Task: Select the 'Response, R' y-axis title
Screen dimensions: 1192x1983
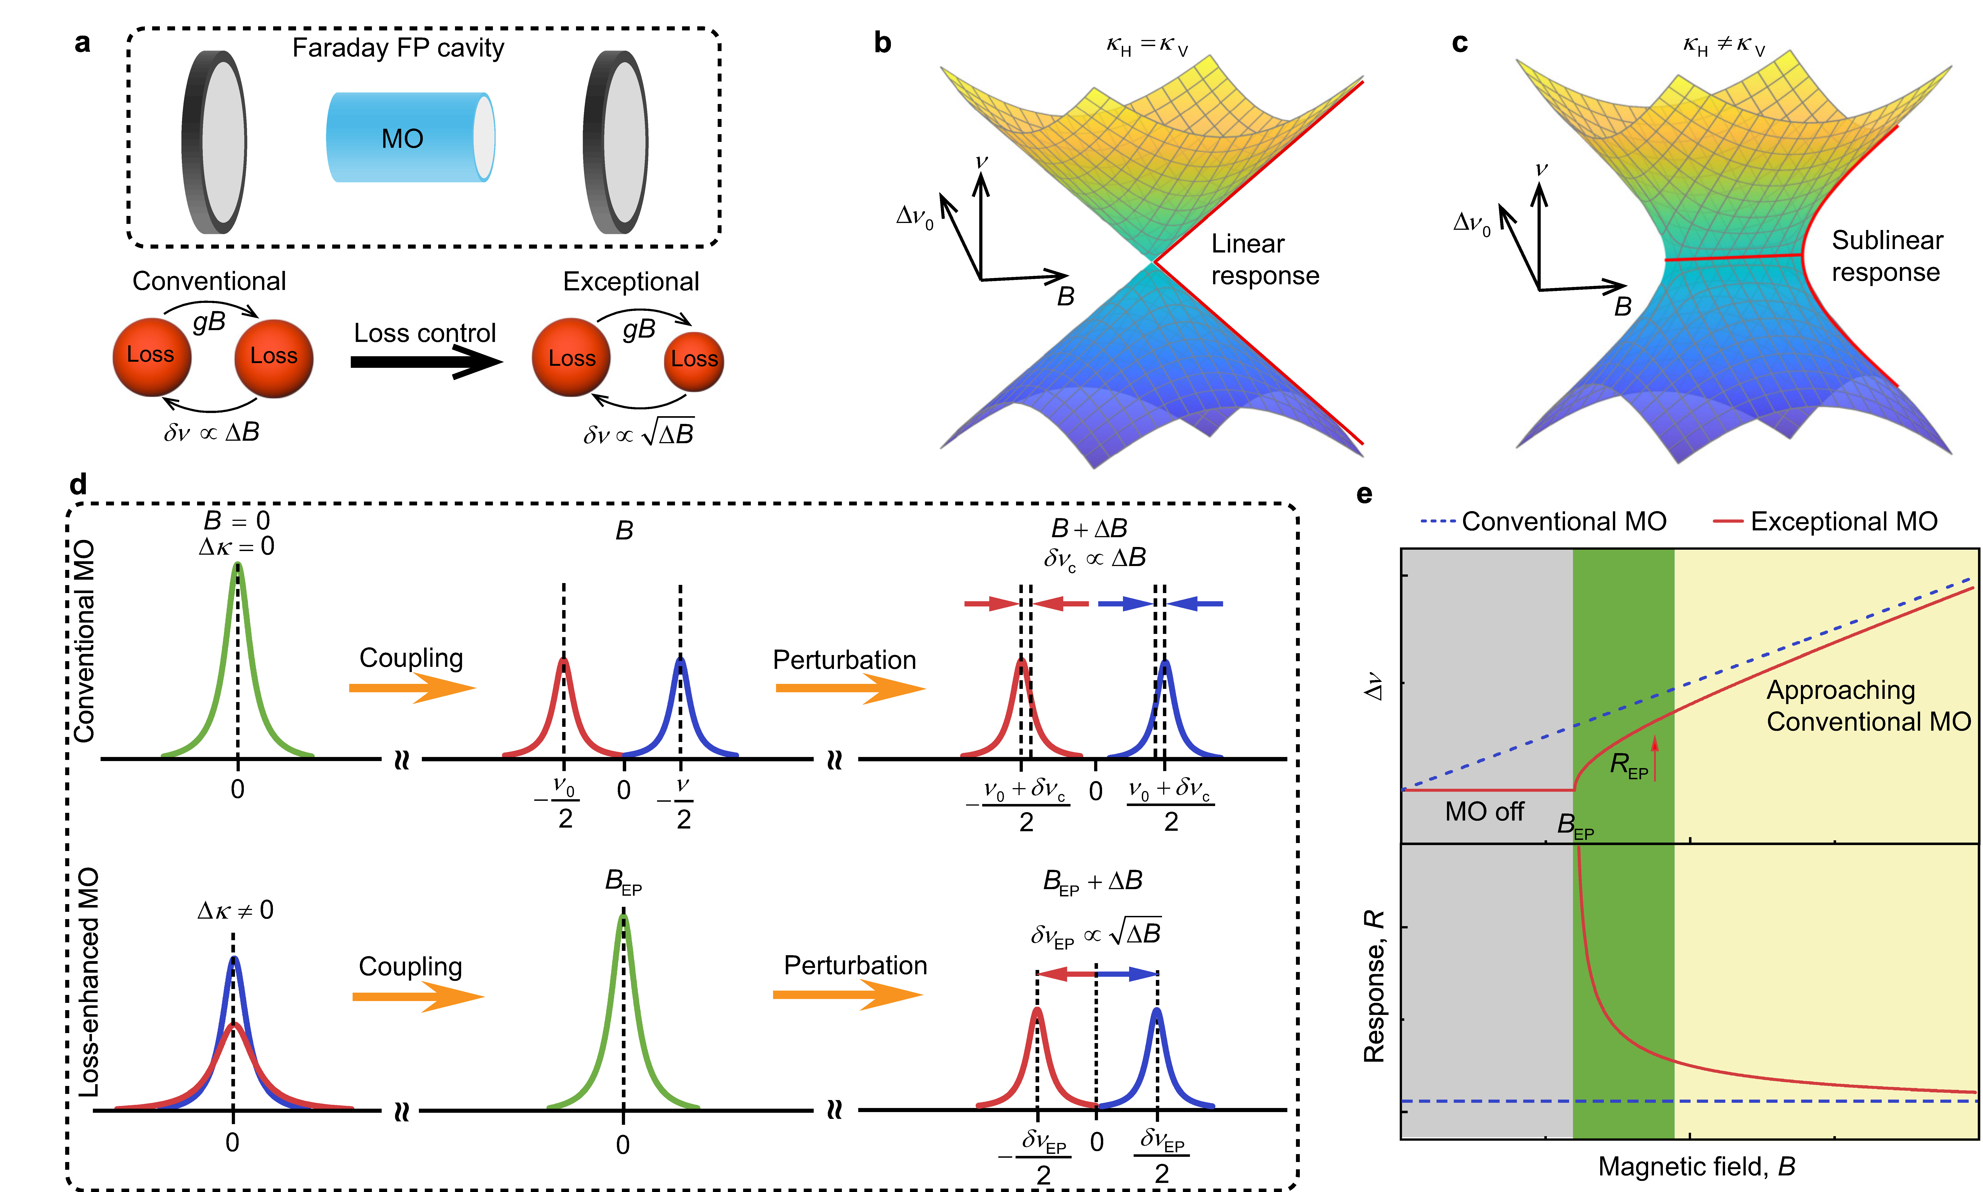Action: [x=1374, y=986]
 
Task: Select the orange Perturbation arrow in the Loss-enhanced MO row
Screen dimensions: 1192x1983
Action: [x=847, y=995]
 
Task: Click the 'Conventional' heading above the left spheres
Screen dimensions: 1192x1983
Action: [x=209, y=281]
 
